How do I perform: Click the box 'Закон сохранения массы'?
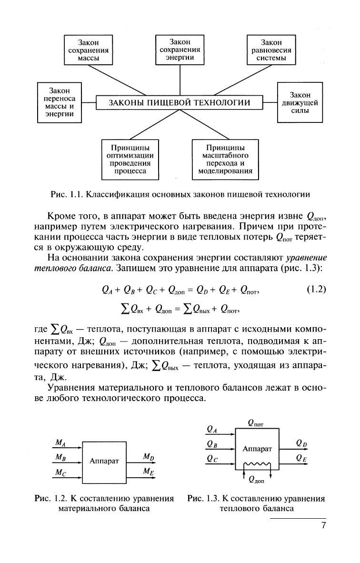tap(88, 50)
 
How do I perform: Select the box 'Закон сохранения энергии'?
tap(180, 50)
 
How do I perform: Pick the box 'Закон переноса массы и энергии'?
tap(60, 102)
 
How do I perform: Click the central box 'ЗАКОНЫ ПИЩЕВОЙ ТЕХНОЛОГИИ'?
tap(180, 102)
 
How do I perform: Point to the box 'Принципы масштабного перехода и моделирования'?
tap(225, 160)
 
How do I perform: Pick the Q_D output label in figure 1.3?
tap(301, 443)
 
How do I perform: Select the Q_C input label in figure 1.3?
tap(212, 458)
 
